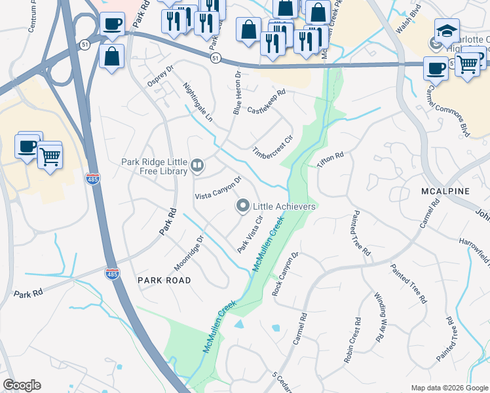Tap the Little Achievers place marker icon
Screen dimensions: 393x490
[x=242, y=206]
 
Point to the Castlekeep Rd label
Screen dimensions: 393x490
[x=267, y=102]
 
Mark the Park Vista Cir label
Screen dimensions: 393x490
[x=250, y=235]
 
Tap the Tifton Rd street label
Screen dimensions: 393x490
[x=331, y=160]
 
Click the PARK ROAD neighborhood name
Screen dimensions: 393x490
[x=164, y=280]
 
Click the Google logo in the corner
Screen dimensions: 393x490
[x=22, y=385]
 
